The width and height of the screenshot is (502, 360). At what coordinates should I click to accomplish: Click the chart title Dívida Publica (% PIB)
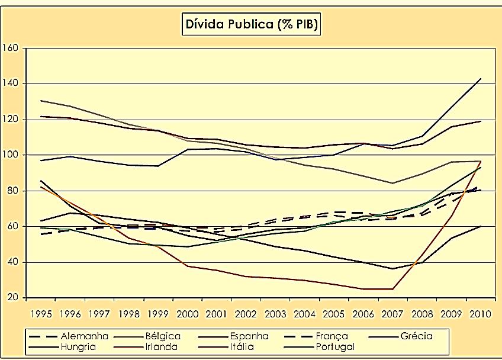(x=251, y=25)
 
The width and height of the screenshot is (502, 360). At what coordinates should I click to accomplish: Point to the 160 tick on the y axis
(x=11, y=48)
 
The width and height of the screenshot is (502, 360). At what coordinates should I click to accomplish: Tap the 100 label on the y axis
(x=11, y=155)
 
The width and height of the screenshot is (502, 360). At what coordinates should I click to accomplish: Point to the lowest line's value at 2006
(x=363, y=289)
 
